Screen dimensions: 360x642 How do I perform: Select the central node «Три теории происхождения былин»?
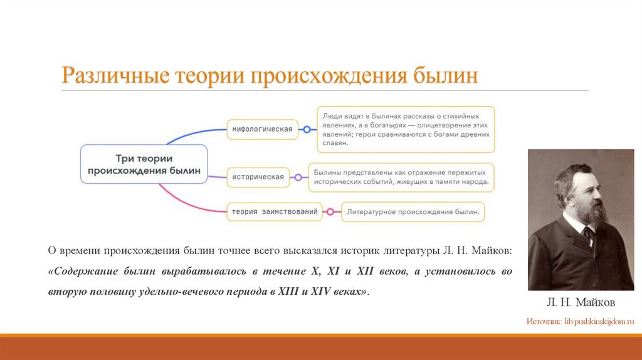click(144, 164)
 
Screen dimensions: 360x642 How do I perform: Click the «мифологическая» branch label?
click(263, 129)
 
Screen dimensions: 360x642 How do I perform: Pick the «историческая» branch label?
click(258, 177)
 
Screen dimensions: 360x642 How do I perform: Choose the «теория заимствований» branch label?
click(275, 212)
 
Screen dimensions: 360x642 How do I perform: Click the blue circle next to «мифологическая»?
click(307, 129)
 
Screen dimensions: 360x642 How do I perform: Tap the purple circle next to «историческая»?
click(298, 177)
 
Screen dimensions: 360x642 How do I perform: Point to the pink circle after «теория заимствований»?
click(330, 212)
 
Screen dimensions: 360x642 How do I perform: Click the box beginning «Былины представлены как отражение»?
click(401, 177)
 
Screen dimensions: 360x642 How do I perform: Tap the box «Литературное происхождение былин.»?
click(413, 212)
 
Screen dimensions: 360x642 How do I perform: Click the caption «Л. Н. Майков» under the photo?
click(581, 303)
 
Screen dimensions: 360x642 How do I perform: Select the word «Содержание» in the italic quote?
click(85, 272)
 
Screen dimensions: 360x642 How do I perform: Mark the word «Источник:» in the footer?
click(544, 321)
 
